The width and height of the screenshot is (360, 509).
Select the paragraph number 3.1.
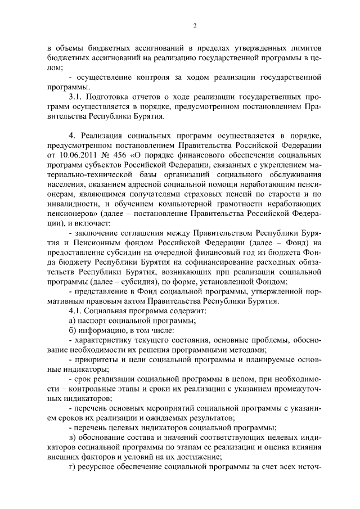pyautogui.click(x=75, y=97)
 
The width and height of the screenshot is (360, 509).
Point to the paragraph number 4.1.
pyautogui.click(x=75, y=310)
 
